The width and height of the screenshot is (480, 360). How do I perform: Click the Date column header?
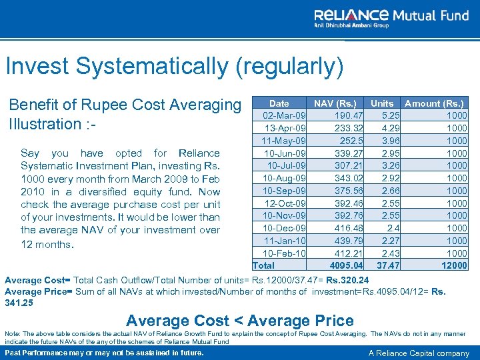pos(279,103)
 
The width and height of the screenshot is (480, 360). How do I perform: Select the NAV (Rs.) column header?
pos(335,103)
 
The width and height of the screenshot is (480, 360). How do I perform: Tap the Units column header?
pos(382,103)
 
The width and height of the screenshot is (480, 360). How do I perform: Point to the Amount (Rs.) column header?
pos(434,103)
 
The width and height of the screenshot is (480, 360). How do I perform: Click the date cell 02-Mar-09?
pos(285,115)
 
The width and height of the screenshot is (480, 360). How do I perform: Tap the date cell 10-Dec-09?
pos(285,228)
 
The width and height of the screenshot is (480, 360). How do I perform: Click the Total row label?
pos(263,265)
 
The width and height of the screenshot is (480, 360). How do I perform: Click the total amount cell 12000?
pos(454,265)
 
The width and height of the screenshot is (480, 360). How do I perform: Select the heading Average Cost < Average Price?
pos(239,321)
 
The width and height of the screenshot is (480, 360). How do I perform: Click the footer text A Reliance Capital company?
pos(419,353)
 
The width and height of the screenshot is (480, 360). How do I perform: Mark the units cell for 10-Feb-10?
pos(391,253)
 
